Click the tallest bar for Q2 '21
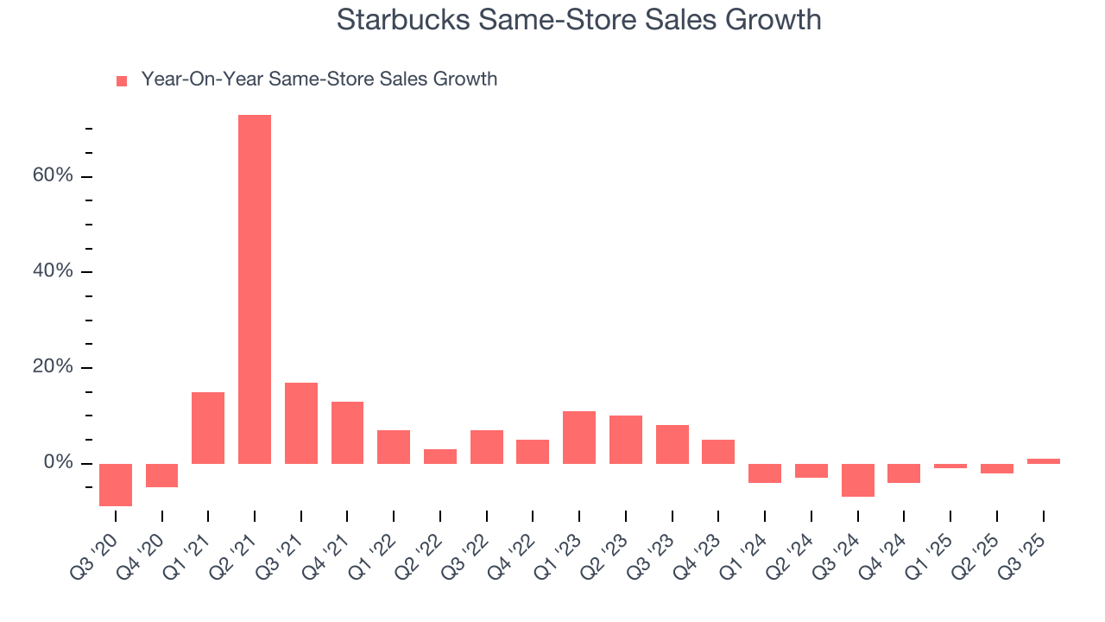pyautogui.click(x=255, y=289)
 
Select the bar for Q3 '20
pyautogui.click(x=116, y=485)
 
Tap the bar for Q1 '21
pyautogui.click(x=208, y=428)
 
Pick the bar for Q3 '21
pyautogui.click(x=301, y=423)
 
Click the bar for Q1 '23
pyautogui.click(x=579, y=437)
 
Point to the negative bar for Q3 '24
pyautogui.click(x=857, y=480)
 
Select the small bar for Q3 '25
pyautogui.click(x=1043, y=461)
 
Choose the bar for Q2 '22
pyautogui.click(x=440, y=456)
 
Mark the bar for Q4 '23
pyautogui.click(x=718, y=452)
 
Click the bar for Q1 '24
pyautogui.click(x=765, y=473)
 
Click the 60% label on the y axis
pyautogui.click(x=53, y=176)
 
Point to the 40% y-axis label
pyautogui.click(x=53, y=272)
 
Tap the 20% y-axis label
pyautogui.click(x=53, y=368)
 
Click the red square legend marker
pyautogui.click(x=122, y=80)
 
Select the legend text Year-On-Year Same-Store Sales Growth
pyautogui.click(x=319, y=79)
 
